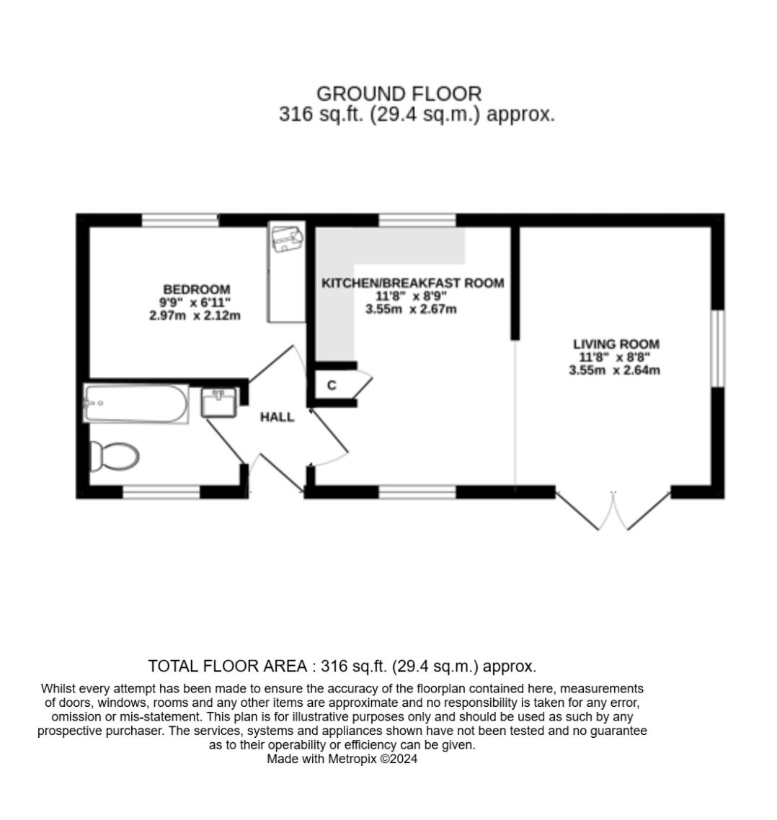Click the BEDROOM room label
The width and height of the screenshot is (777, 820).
(196, 289)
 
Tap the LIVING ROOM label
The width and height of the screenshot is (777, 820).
(616, 344)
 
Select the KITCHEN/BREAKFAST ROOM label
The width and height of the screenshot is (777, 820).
(412, 283)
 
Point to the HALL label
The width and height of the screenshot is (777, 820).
(277, 416)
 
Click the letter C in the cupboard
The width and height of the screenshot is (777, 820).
(332, 386)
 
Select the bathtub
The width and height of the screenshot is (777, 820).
(136, 404)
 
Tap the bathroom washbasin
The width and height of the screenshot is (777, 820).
(219, 403)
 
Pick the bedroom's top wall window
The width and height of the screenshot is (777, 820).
(180, 220)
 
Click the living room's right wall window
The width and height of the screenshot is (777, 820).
(718, 349)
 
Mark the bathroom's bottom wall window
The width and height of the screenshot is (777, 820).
(161, 491)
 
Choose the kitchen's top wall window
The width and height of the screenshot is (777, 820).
(417, 220)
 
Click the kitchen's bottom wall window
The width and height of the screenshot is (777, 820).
(417, 491)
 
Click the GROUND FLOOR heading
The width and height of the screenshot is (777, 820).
(399, 94)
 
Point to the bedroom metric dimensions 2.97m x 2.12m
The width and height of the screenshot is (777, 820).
(195, 316)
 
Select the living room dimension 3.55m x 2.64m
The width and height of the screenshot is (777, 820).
(614, 370)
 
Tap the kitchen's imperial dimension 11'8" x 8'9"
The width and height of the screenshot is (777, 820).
(411, 296)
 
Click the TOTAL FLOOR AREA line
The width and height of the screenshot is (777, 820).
(342, 666)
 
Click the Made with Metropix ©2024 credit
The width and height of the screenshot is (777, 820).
(342, 758)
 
